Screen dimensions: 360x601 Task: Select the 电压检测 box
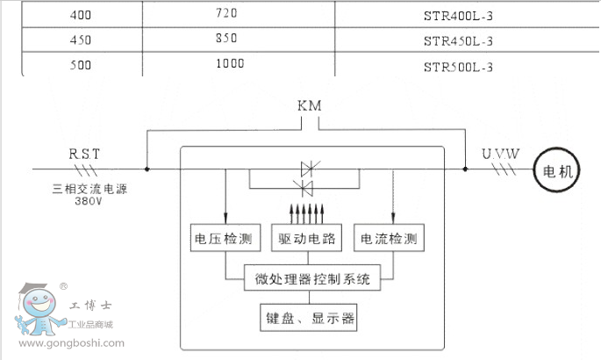[x=222, y=238]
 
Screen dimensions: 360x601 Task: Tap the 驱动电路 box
[x=308, y=238]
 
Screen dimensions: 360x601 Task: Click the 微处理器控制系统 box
[x=311, y=281]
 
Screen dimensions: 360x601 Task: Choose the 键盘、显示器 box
[x=310, y=318]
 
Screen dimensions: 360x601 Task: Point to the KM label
[x=310, y=105]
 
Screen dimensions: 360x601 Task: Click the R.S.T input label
[x=85, y=155]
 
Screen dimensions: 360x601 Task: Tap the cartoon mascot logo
[x=37, y=311]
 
